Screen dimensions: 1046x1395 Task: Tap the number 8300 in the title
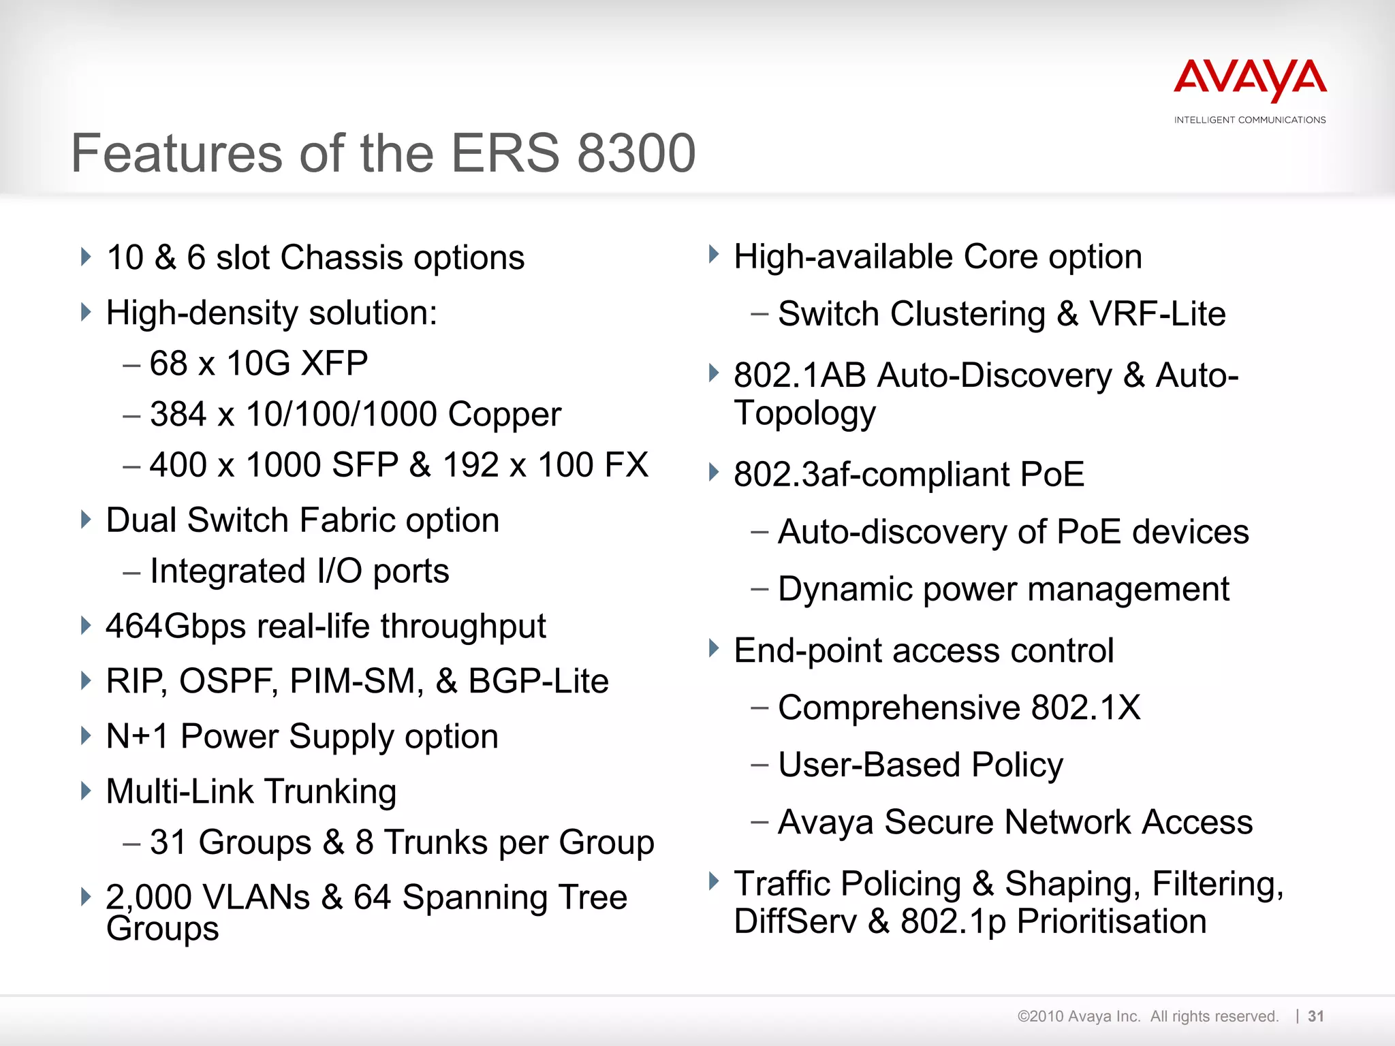click(x=636, y=153)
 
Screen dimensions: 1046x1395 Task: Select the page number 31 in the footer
click(x=1316, y=1017)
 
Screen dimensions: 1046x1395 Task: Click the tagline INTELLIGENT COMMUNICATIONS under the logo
click(x=1250, y=120)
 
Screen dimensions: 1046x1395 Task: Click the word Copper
click(x=505, y=414)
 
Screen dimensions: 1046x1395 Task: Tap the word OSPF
click(x=228, y=681)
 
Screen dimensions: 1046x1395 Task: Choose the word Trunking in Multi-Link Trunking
click(x=330, y=791)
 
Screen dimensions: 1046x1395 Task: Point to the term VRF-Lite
click(x=1157, y=314)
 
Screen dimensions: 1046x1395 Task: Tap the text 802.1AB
click(x=800, y=375)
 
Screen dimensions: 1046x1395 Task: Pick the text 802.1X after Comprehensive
click(x=1086, y=708)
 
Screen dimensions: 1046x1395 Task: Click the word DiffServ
click(x=795, y=921)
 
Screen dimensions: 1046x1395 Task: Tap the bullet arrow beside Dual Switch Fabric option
click(x=86, y=520)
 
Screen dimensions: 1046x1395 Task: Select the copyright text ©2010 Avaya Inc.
click(x=1078, y=1017)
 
